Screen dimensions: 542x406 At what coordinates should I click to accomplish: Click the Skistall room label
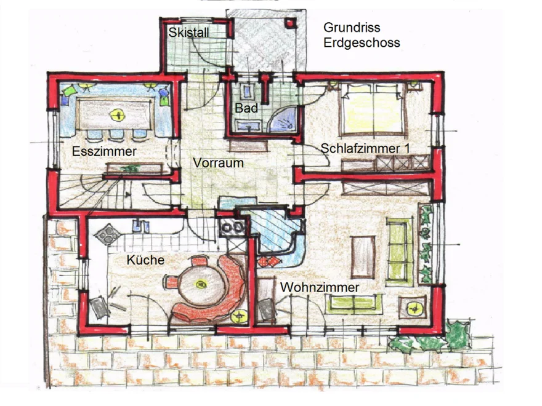click(188, 33)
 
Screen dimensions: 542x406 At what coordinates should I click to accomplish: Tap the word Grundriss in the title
click(352, 27)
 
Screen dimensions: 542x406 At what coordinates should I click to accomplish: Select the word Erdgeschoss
click(362, 43)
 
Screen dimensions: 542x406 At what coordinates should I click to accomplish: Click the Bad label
click(246, 108)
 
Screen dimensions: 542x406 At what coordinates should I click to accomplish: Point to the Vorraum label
click(218, 162)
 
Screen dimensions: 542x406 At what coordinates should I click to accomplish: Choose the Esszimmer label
click(104, 151)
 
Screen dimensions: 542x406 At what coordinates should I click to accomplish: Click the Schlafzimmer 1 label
click(365, 148)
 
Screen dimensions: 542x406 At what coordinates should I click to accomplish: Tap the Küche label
click(145, 260)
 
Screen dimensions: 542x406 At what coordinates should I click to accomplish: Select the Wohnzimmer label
click(320, 287)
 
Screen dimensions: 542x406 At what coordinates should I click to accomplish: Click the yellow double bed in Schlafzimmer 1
click(371, 108)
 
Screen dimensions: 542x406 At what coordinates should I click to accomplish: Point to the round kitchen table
click(200, 285)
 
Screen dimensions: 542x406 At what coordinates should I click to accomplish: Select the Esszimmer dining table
click(115, 114)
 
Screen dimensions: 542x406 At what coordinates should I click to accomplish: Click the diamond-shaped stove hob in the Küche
click(108, 234)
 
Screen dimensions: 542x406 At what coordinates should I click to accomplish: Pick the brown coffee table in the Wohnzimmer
click(363, 257)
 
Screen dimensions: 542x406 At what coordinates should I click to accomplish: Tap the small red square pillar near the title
click(290, 23)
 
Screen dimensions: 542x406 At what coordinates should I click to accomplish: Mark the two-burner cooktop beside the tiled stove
click(232, 228)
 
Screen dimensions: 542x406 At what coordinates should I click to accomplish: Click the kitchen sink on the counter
click(141, 226)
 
